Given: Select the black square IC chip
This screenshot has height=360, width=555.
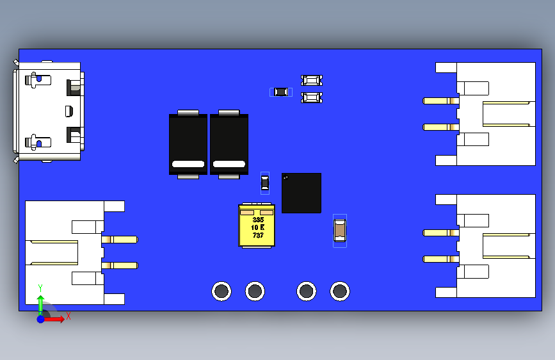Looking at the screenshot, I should pos(302,193).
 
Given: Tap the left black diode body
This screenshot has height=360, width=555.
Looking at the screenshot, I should pos(188,143).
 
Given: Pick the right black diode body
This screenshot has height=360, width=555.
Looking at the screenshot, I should pos(229,143).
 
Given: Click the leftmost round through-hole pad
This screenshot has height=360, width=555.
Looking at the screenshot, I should pos(221,291).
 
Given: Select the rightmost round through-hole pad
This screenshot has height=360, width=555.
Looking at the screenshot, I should pos(340,291).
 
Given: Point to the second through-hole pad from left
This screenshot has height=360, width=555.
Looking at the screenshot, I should pos(255,291).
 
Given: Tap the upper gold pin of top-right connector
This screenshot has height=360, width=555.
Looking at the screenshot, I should pos(441,101).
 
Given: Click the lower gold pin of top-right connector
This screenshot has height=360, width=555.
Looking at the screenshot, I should pos(441,127).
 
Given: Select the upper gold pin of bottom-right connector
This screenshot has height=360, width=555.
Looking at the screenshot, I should pos(441,233).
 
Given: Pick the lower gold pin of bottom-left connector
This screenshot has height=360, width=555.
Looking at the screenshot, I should pos(120,265).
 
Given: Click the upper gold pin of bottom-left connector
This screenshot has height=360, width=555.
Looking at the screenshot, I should pos(120,240).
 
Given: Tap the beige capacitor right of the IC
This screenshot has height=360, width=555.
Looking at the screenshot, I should pos(340,230).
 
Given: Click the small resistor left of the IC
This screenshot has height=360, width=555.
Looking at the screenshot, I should pos(265,184).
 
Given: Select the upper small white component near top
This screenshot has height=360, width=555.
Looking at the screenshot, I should pos(311,80).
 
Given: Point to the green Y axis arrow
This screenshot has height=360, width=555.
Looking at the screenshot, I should pos(40,303).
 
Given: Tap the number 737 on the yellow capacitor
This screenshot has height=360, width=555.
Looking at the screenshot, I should pos(257,236).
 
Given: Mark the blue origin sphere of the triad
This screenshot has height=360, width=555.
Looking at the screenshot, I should pos(40,318).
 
